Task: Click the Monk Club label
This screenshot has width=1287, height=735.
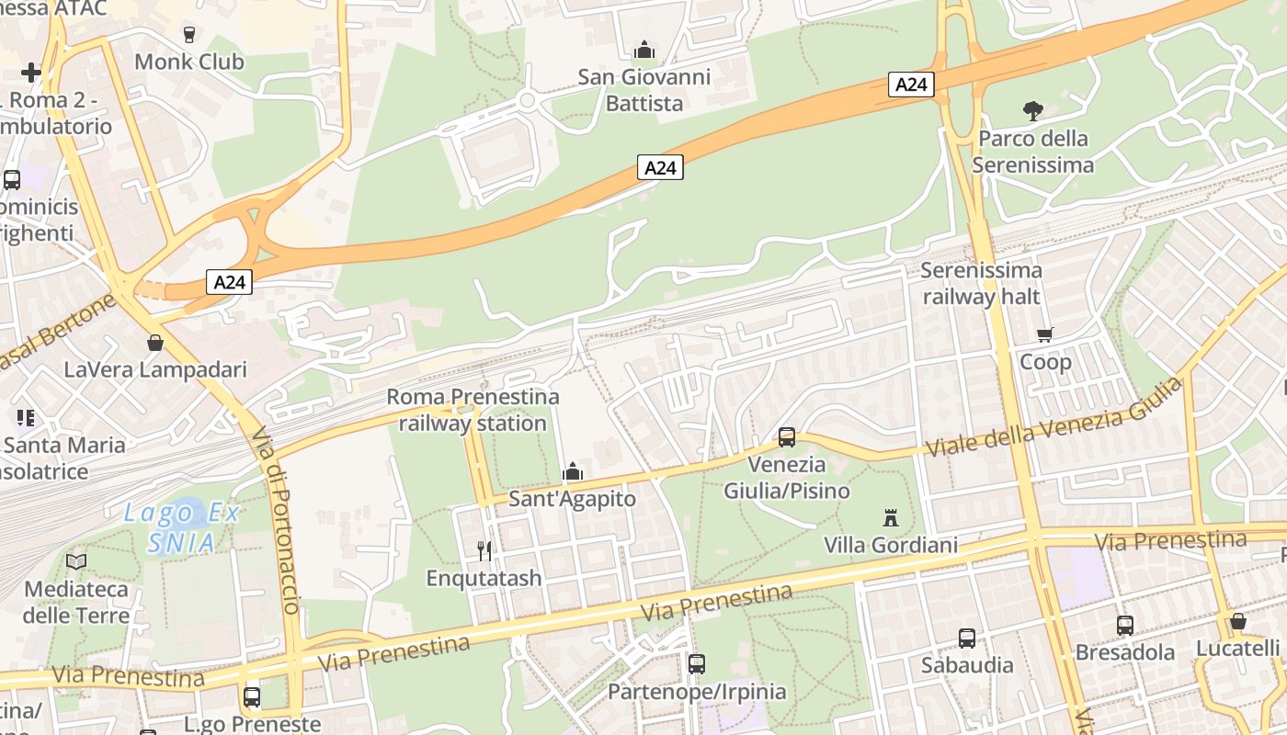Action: pos(189,62)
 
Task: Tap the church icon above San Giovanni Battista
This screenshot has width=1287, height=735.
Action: pos(644,50)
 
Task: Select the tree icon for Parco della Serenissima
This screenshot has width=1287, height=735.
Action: pos(1032,111)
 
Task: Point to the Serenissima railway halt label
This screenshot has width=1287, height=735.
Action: pos(981,283)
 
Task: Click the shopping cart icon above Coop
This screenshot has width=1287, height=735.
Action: pos(1045,334)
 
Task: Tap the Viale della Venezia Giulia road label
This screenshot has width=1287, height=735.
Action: pos(1054,418)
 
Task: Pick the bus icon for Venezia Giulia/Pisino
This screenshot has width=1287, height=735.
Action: pos(787,437)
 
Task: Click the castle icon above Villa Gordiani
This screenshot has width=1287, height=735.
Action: pos(890,517)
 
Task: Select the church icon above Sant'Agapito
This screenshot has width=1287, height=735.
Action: pos(573,472)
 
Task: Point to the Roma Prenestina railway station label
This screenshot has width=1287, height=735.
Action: pos(473,410)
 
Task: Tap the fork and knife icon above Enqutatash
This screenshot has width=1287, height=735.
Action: pos(484,550)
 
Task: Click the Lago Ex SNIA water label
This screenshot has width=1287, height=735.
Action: pos(182,527)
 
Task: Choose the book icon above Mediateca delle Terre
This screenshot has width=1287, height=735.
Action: pos(76,561)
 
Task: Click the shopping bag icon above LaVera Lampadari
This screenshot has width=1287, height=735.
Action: pos(155,343)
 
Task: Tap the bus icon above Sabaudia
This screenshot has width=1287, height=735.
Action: pos(967,638)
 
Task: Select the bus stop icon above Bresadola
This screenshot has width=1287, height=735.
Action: pos(1125,626)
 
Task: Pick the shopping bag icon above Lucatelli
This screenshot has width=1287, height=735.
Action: pos(1238,621)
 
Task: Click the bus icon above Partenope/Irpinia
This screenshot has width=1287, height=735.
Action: pos(697,663)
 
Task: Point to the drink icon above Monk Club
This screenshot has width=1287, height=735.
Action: pos(189,35)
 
